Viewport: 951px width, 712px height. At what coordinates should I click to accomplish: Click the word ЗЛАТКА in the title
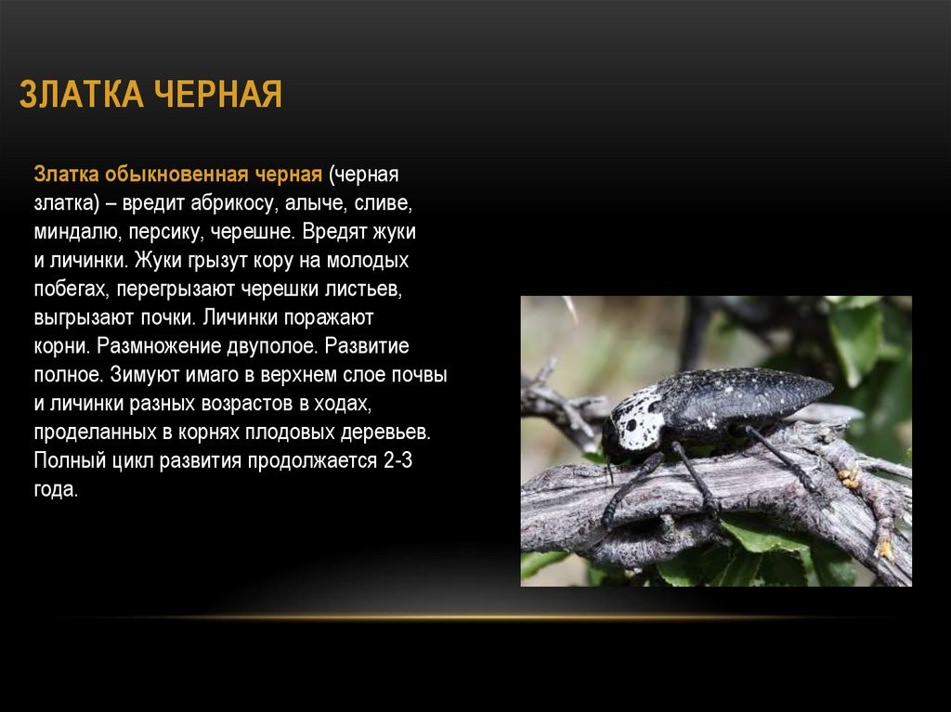[x=82, y=94]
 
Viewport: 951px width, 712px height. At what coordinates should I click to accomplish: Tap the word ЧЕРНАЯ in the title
[x=217, y=94]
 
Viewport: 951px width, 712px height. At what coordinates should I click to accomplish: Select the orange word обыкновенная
[x=176, y=175]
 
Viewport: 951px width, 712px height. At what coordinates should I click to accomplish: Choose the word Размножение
[x=159, y=346]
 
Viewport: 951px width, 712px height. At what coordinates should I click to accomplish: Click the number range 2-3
[x=397, y=460]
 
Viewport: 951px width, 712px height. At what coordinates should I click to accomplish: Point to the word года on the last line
[x=56, y=489]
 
